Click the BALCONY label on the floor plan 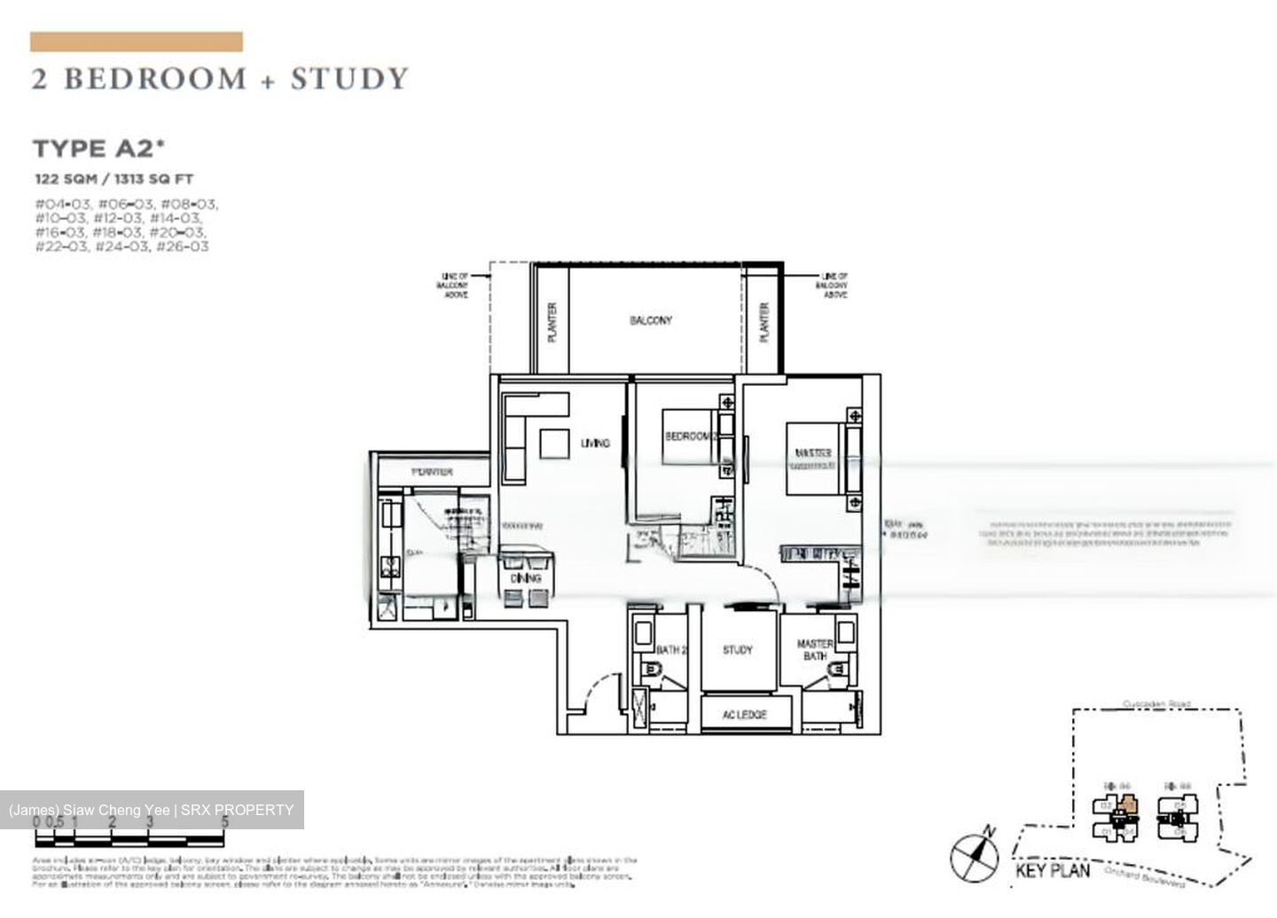click(651, 320)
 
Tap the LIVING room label click(595, 443)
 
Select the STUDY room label click(737, 650)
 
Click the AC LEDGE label click(744, 714)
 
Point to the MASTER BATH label click(814, 650)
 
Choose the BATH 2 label click(672, 650)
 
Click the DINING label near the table click(526, 578)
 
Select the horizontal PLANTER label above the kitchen click(432, 472)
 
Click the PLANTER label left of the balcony click(552, 323)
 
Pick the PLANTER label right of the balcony click(764, 323)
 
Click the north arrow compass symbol click(975, 857)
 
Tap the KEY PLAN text click(1053, 870)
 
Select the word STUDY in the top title click(349, 79)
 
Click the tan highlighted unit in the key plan click(1128, 806)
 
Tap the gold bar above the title click(137, 42)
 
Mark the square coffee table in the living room click(554, 443)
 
